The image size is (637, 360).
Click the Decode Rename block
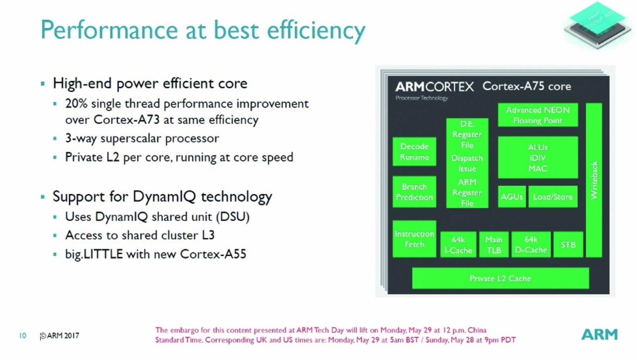point(415,151)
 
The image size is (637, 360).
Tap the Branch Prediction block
point(415,192)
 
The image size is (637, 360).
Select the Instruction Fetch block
point(415,239)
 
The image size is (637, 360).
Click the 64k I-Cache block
point(458,245)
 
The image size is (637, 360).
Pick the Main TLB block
point(494,245)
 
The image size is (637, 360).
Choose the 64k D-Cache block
point(531,245)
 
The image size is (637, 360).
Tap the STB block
point(568,245)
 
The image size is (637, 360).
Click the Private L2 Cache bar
point(501,278)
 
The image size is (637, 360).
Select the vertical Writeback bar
point(594,180)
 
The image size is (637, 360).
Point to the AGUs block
point(512,197)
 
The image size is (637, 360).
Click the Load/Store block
point(553,197)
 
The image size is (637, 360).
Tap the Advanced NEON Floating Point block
point(538,115)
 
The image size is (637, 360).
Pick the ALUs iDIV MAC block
point(538,157)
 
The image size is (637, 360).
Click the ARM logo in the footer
point(600,335)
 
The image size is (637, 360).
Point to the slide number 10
point(23,336)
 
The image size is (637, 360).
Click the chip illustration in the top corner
point(597,25)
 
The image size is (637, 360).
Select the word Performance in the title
point(109,30)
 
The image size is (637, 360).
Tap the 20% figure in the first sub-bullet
point(76,104)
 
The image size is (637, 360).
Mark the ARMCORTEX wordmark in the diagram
point(434,87)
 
